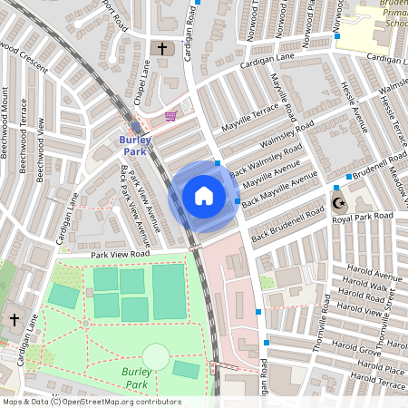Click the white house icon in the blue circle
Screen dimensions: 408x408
click(204, 196)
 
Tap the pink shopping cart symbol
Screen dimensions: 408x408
click(170, 116)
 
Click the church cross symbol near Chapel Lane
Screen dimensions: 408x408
click(162, 48)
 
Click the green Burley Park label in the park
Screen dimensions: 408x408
click(134, 377)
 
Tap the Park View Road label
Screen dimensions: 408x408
click(119, 256)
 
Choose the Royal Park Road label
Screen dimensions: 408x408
click(362, 218)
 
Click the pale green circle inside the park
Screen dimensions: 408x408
click(156, 356)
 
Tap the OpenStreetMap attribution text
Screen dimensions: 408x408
click(91, 402)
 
